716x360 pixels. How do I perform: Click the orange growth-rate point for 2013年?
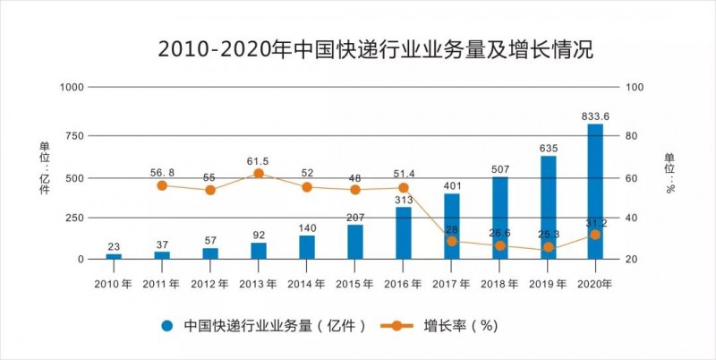point(259,174)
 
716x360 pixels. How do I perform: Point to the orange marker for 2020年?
point(596,235)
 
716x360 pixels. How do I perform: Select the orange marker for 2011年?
point(162,185)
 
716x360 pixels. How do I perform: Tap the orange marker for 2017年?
point(452,241)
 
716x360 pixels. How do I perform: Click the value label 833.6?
point(596,116)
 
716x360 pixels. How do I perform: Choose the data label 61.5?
point(259,161)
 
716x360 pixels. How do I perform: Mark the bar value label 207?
point(355,217)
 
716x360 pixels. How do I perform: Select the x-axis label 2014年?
point(306,284)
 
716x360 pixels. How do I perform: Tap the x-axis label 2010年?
point(113,284)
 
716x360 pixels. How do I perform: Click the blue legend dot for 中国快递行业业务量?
point(166,326)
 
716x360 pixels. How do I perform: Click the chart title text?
point(375,50)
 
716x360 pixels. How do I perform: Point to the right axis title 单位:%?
point(669,172)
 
